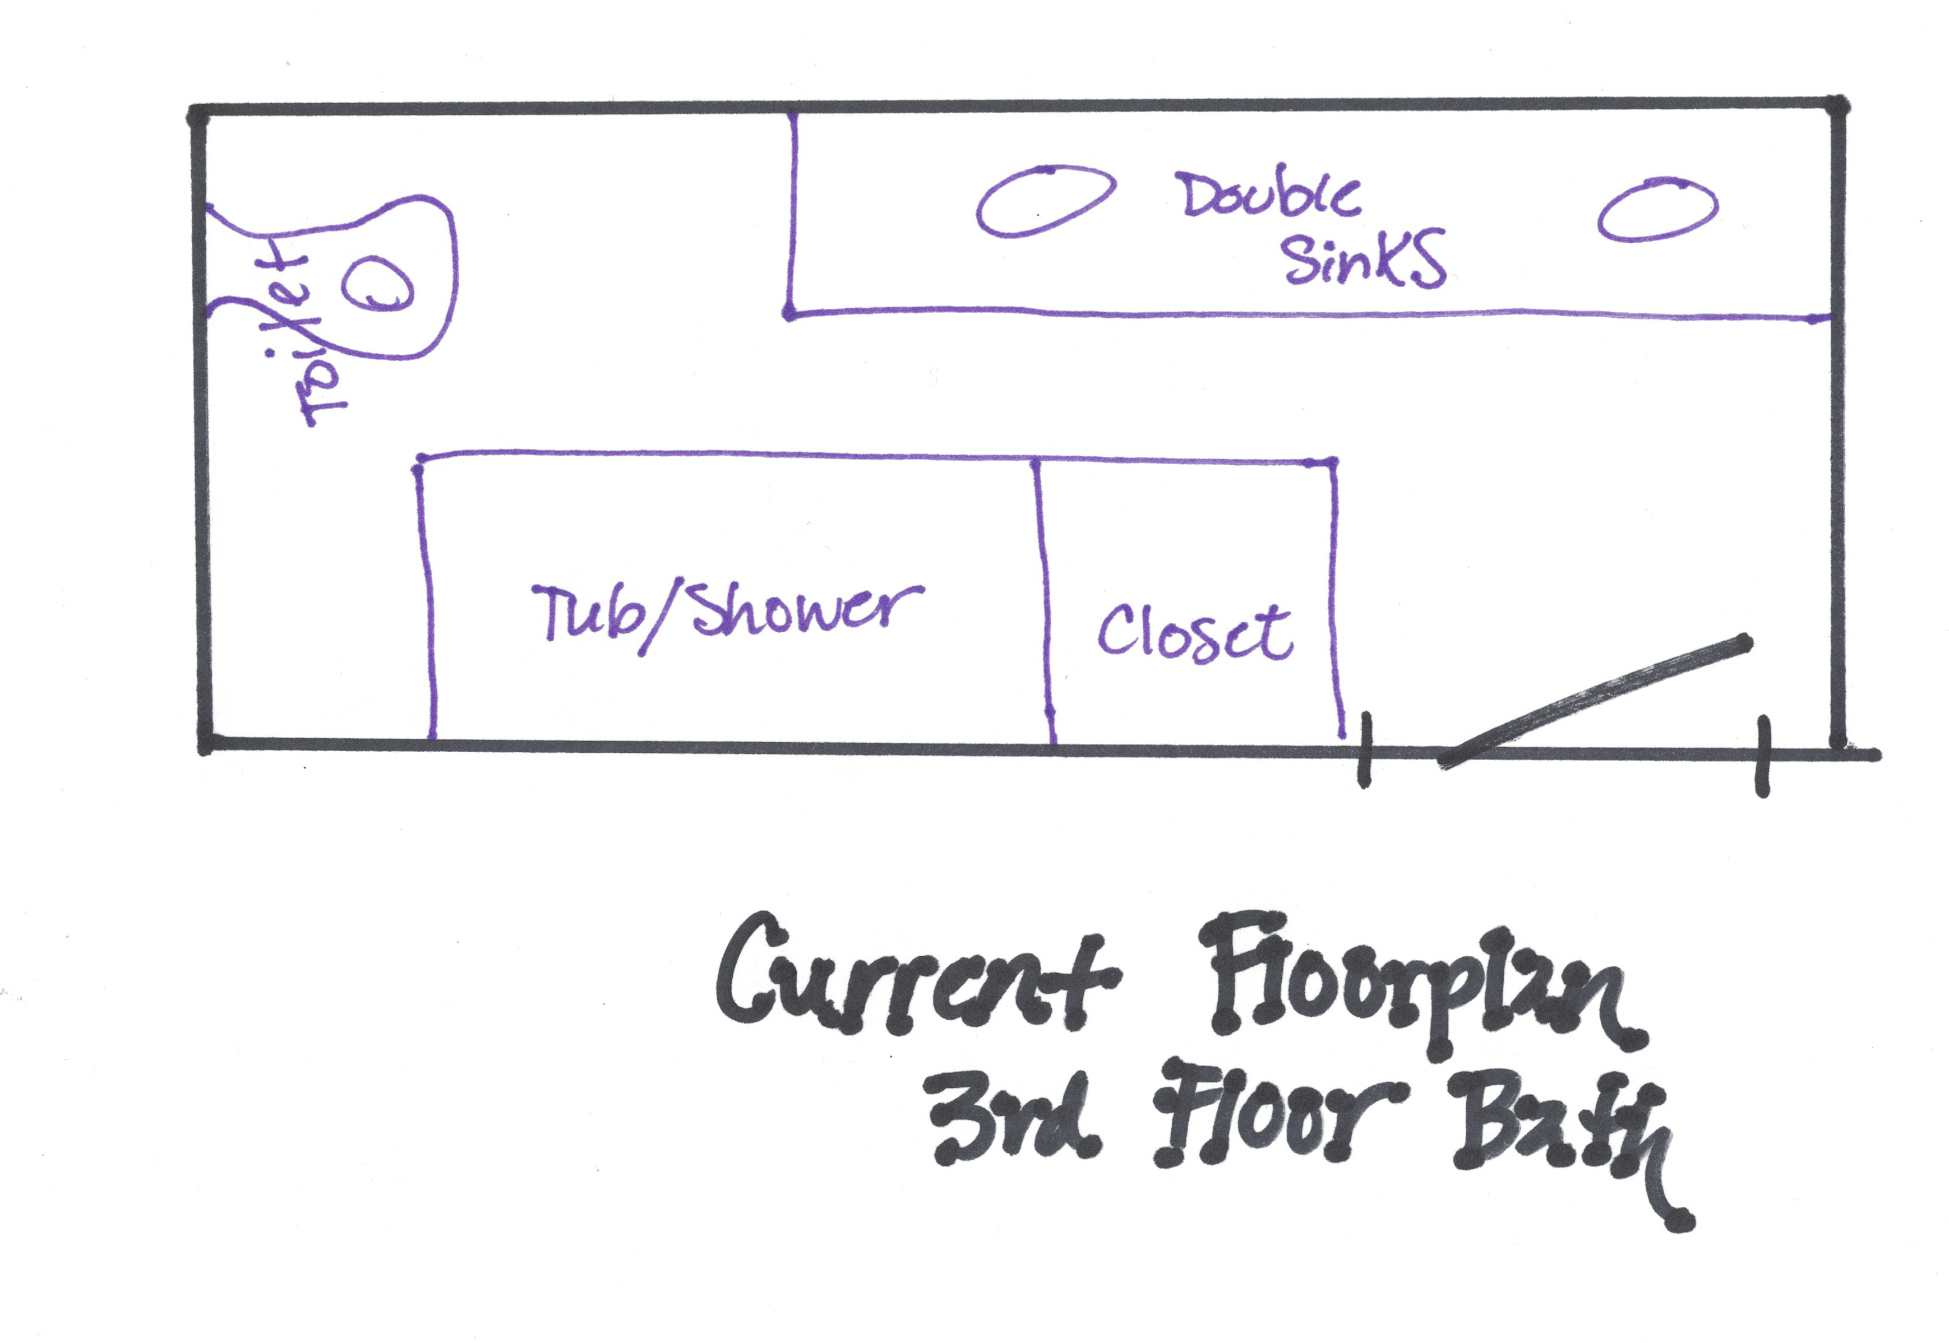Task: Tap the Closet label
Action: (x=1195, y=633)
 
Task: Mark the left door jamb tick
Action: (x=1365, y=750)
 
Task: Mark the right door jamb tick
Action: (x=1762, y=755)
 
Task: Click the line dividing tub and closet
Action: (x=1043, y=601)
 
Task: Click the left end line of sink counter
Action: (x=792, y=215)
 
